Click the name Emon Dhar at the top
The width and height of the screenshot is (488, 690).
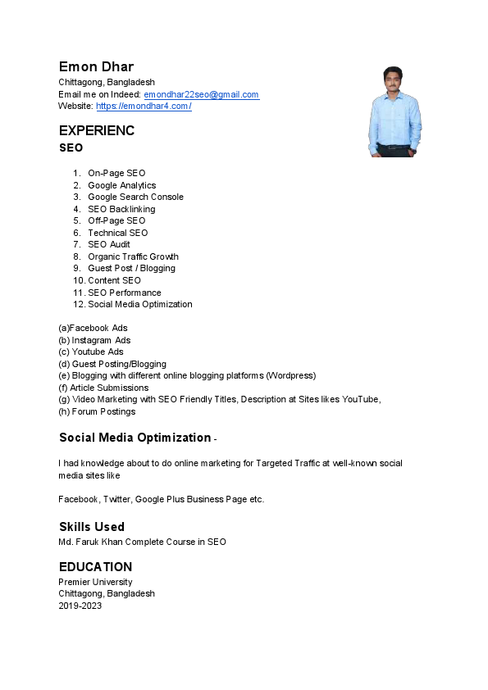(x=96, y=66)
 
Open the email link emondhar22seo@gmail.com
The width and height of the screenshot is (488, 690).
(x=201, y=94)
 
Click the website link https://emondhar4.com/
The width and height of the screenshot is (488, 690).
(x=144, y=106)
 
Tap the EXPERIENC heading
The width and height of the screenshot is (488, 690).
(x=97, y=130)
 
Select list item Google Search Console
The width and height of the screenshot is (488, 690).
(x=135, y=197)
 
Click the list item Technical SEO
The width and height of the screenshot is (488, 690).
(x=118, y=233)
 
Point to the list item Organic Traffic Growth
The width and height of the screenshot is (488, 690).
(x=133, y=256)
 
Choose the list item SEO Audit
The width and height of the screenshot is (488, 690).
(x=109, y=244)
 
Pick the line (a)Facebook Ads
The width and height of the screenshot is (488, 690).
(x=93, y=328)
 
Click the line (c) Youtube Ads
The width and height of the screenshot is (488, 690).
(x=91, y=352)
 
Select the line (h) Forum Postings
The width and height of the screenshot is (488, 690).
(x=97, y=411)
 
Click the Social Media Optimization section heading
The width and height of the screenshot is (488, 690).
(x=135, y=438)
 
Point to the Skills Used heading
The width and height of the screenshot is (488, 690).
(x=92, y=526)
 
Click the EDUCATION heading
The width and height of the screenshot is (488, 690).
(x=95, y=567)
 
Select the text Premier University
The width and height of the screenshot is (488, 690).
(x=95, y=582)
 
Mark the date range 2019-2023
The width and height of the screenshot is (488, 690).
(x=80, y=606)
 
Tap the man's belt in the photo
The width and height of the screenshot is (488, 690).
(x=395, y=148)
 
